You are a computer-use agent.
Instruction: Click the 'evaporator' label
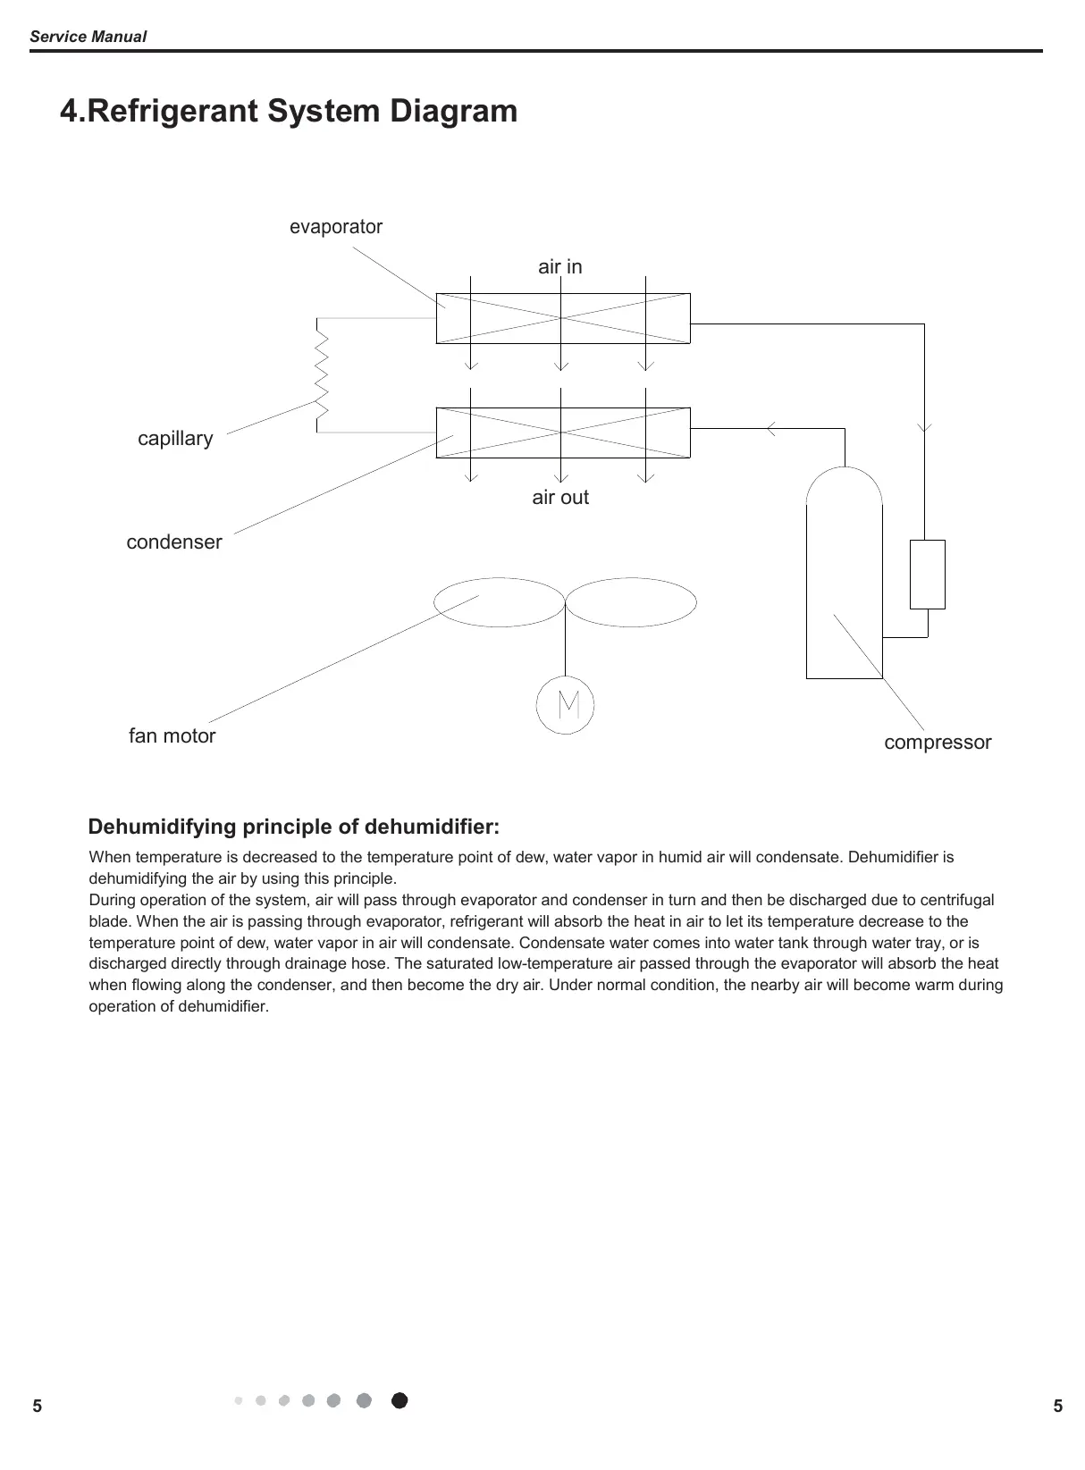click(335, 227)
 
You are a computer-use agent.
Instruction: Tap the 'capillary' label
click(175, 439)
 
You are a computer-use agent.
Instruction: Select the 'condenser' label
click(174, 542)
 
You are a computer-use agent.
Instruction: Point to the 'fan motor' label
click(172, 736)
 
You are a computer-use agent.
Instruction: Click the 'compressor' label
click(938, 743)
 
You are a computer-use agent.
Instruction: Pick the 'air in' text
click(560, 266)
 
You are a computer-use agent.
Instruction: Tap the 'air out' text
click(560, 498)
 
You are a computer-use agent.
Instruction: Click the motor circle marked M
click(565, 705)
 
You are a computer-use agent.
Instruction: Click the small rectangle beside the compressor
click(928, 574)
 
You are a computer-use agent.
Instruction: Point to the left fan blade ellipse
click(499, 602)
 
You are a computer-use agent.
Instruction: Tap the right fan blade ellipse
click(631, 602)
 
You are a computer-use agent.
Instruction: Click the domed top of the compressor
click(844, 487)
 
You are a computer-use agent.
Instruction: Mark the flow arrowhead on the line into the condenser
click(770, 429)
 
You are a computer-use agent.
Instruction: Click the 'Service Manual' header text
click(88, 37)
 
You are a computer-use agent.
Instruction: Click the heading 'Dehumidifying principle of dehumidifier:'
click(294, 826)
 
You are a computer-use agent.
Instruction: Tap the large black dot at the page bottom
click(400, 1400)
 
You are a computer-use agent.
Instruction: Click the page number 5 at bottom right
click(1058, 1407)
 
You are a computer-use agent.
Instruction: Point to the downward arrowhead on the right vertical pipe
click(924, 427)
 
